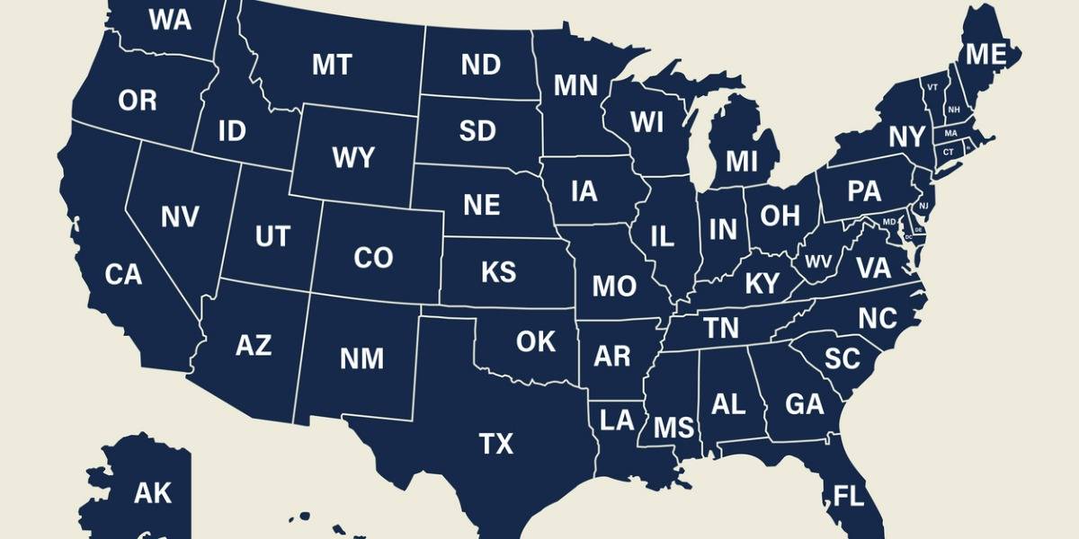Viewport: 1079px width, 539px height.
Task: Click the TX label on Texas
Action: (x=495, y=443)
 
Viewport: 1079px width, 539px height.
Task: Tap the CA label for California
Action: (x=123, y=275)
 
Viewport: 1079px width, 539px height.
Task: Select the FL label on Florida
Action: (x=849, y=495)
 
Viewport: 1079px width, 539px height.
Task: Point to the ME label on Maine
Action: (x=985, y=55)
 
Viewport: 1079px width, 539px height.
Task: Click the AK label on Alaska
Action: (x=152, y=492)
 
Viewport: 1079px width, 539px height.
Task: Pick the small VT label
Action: (x=932, y=87)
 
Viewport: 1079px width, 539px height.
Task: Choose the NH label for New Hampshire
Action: (x=953, y=110)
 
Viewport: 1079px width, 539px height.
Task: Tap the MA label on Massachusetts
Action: (x=950, y=134)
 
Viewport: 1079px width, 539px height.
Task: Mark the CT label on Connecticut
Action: (x=948, y=152)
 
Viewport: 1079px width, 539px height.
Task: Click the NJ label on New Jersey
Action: (x=923, y=207)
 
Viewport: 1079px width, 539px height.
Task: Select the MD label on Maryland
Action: (x=889, y=221)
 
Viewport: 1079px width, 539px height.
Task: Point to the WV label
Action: (x=818, y=262)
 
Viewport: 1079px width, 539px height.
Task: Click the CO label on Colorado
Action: (x=373, y=258)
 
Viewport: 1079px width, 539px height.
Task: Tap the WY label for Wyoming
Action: (x=352, y=159)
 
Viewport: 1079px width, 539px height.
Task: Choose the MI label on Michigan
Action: (x=742, y=162)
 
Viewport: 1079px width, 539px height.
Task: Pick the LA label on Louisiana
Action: (x=617, y=420)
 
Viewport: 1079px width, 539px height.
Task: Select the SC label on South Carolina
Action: (x=843, y=359)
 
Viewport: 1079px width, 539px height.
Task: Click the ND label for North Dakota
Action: (x=481, y=65)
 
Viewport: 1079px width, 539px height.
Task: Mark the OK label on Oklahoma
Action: (x=536, y=341)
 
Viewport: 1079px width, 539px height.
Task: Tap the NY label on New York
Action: (x=907, y=137)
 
